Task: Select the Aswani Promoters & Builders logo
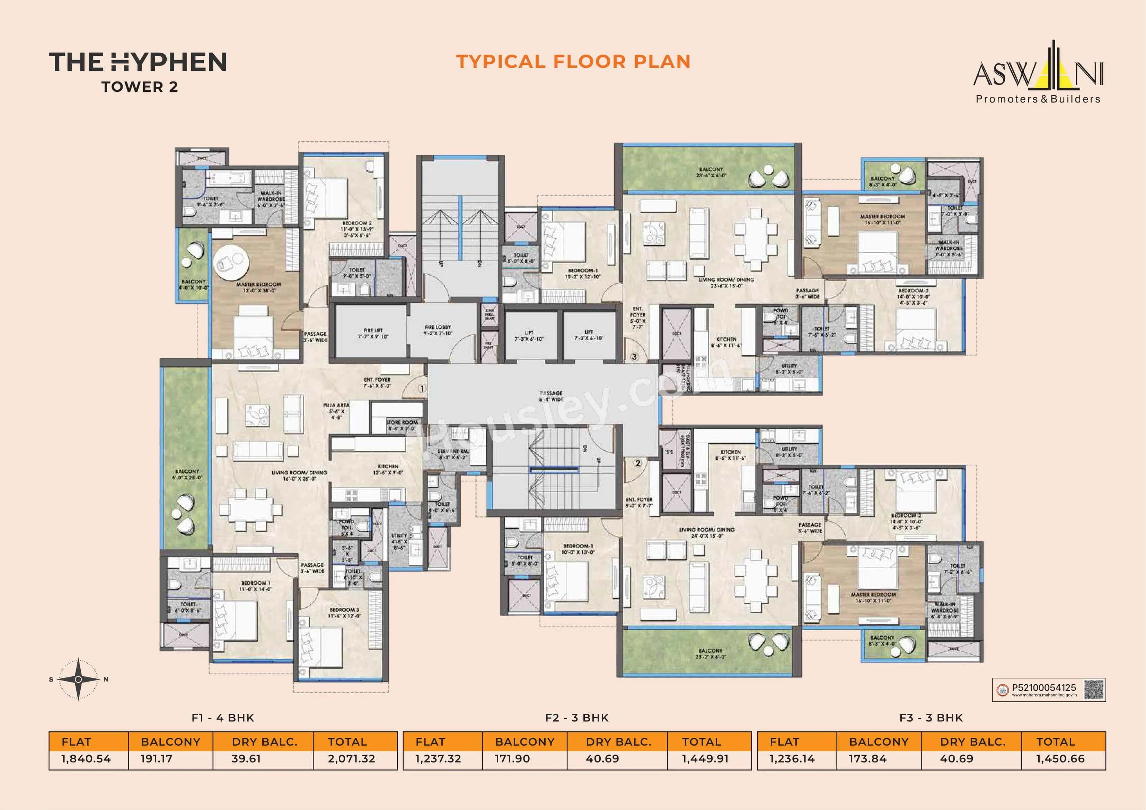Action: point(1038,75)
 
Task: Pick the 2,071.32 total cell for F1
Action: point(351,759)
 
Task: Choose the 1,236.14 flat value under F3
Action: point(792,759)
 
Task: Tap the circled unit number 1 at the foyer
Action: point(422,388)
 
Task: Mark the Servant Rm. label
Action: point(453,454)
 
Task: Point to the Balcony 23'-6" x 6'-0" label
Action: point(711,172)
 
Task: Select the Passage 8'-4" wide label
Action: point(551,396)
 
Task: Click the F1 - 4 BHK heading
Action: point(223,718)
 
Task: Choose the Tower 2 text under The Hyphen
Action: point(139,87)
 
